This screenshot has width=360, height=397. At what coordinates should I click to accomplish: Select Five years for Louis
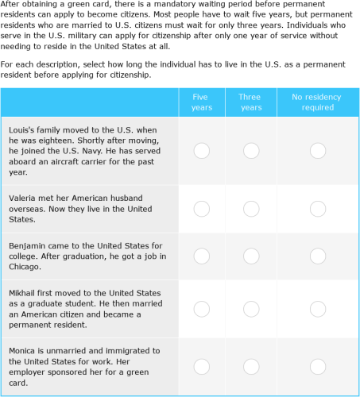click(x=202, y=150)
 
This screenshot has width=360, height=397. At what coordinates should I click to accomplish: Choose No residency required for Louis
click(x=317, y=150)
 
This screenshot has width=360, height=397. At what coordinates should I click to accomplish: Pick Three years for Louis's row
click(x=250, y=150)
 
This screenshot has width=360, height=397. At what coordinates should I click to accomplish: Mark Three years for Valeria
click(x=250, y=209)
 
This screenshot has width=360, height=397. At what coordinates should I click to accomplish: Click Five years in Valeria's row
click(x=202, y=209)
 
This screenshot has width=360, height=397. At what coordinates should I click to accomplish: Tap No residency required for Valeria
click(x=317, y=209)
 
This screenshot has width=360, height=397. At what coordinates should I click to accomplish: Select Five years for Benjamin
click(x=202, y=256)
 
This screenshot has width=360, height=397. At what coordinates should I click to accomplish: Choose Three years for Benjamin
click(x=250, y=256)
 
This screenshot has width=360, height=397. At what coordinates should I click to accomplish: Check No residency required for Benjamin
click(x=317, y=256)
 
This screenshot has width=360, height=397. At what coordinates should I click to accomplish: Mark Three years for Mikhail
click(x=250, y=309)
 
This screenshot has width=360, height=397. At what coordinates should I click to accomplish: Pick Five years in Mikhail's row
click(x=202, y=309)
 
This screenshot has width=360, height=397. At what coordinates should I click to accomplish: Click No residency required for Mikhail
click(x=317, y=309)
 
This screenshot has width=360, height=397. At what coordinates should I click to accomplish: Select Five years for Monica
click(x=202, y=366)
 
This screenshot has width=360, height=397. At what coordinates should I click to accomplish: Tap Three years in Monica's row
click(x=250, y=366)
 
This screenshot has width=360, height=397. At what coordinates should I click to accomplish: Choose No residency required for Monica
click(x=317, y=366)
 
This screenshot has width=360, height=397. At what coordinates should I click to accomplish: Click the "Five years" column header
click(x=202, y=102)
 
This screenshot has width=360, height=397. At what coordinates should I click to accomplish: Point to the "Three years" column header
click(x=250, y=102)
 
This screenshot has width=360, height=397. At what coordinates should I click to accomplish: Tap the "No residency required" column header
click(x=317, y=102)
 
